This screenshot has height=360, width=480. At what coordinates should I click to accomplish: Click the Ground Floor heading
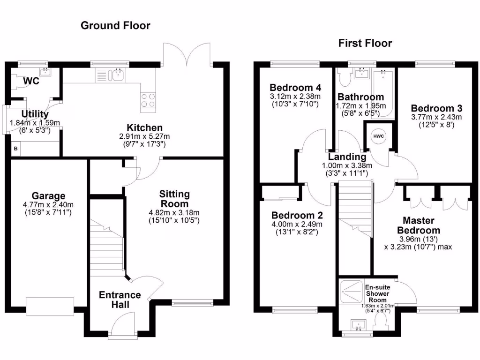[115, 25]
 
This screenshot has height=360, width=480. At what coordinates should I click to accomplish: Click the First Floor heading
[365, 44]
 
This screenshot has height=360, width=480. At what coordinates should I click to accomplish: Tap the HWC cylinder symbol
[378, 136]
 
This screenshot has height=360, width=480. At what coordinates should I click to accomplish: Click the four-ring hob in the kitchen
[148, 100]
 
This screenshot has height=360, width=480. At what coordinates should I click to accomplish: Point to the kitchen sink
[116, 75]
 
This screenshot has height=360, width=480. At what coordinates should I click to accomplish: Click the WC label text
[32, 81]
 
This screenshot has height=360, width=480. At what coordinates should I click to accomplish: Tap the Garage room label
[49, 196]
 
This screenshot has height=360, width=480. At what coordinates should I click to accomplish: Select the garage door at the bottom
[50, 307]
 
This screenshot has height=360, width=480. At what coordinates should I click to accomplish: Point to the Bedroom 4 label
[295, 88]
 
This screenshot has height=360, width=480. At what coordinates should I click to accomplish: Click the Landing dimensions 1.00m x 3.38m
[347, 165]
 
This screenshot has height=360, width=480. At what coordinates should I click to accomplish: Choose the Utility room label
[35, 114]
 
